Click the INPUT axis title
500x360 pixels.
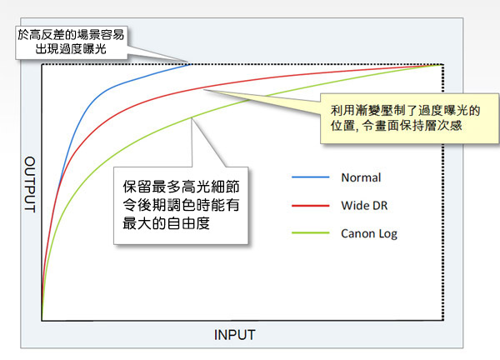tap(234, 335)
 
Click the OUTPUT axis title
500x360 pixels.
tap(30, 184)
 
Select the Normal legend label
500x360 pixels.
tap(361, 177)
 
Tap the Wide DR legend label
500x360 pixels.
tap(364, 206)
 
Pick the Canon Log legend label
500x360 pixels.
tap(369, 233)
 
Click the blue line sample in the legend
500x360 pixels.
tap(311, 177)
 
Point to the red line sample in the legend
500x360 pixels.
tap(311, 206)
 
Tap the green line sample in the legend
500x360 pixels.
tap(311, 233)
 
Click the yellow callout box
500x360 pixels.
tap(410, 118)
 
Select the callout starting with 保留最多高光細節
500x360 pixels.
tap(181, 205)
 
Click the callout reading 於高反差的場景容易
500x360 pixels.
tap(72, 42)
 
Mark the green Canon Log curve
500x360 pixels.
tap(178, 124)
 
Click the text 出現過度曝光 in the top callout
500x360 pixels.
tap(71, 49)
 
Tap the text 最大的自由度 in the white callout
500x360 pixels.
tap(166, 223)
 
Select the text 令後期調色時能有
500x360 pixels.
tap(181, 205)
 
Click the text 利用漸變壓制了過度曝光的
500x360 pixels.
tap(405, 111)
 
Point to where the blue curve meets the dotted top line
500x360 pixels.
tap(190, 64)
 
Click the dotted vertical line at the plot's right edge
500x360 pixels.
tap(443, 192)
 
